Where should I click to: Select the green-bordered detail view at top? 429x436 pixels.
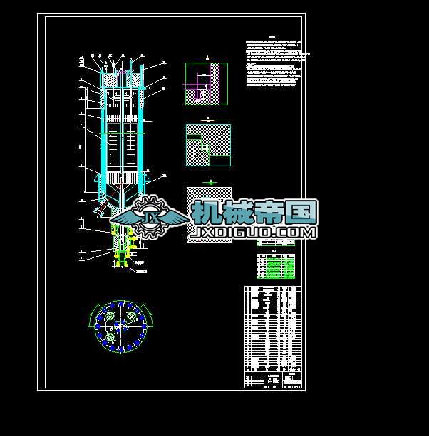[207, 84]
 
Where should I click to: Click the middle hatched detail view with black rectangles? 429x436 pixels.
[208, 145]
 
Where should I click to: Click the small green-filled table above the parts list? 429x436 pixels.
[276, 264]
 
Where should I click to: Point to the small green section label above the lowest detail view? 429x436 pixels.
[209, 182]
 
